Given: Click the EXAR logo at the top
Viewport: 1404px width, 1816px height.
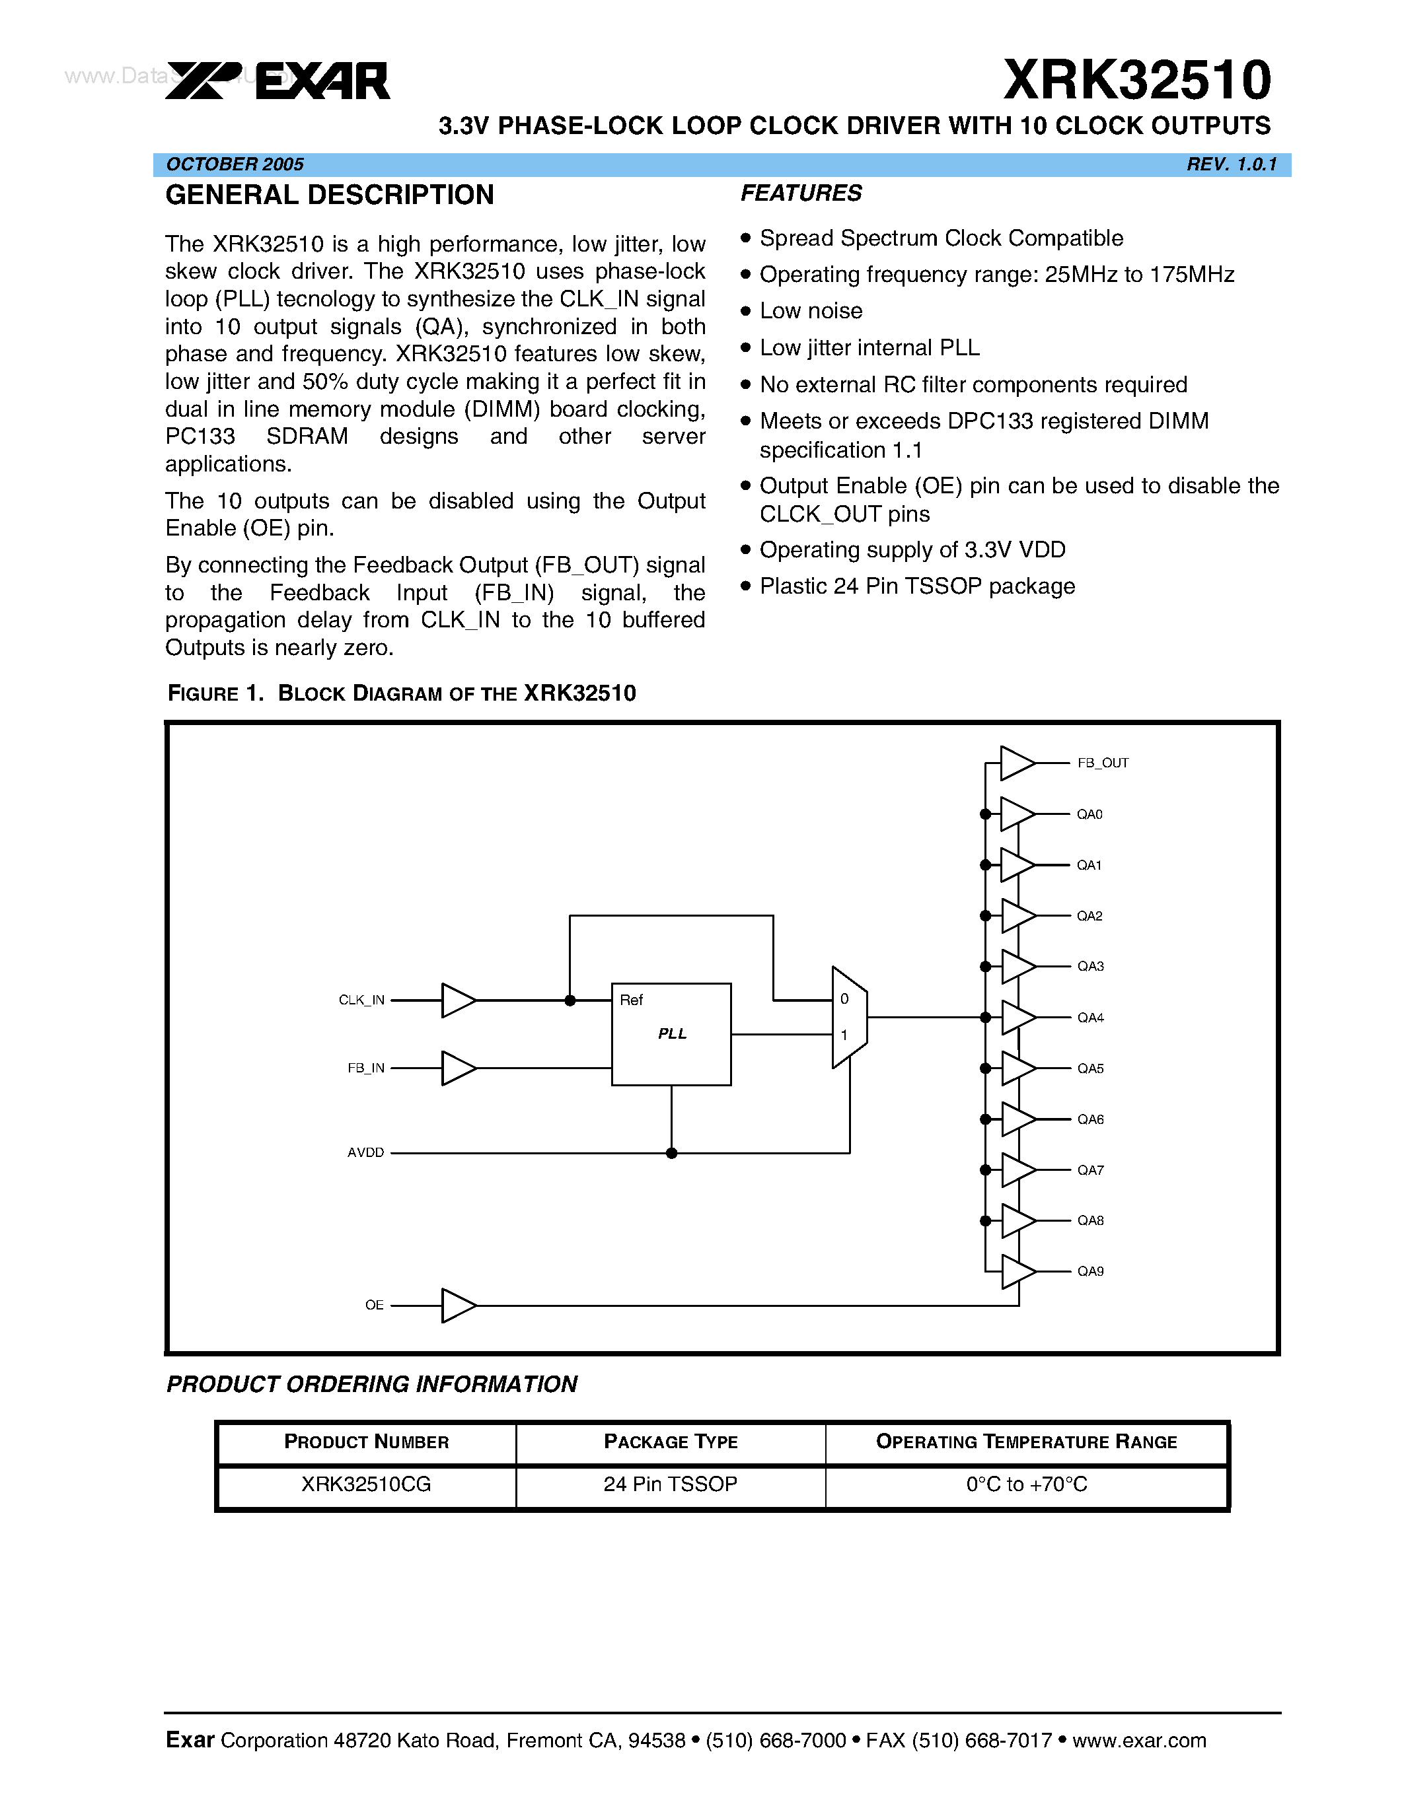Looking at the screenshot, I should pos(277,81).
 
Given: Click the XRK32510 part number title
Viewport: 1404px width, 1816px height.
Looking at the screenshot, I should pos(1137,81).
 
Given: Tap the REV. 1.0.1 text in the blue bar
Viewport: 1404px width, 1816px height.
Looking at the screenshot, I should pos(1231,164).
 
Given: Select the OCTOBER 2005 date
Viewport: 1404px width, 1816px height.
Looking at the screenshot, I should pos(235,164).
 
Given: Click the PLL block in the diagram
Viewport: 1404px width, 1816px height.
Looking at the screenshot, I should pos(671,1034).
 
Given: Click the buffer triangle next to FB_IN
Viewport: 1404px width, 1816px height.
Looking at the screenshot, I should pos(457,1068).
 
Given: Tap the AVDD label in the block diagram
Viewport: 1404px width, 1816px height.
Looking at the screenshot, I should pos(366,1152).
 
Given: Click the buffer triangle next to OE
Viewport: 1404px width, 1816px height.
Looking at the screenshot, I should pos(457,1306).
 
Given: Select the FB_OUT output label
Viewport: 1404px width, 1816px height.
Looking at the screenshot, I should pos(1103,763).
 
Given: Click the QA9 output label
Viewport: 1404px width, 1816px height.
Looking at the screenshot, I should pos(1090,1271).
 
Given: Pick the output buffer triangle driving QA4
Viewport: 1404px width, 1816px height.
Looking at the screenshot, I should pos(1017,1018).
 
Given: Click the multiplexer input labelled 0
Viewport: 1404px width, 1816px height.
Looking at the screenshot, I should pos(844,1000).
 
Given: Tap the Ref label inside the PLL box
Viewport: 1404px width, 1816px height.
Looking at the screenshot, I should pos(631,1000).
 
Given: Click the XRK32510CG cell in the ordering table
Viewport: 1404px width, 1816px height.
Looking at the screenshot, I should pos(366,1484).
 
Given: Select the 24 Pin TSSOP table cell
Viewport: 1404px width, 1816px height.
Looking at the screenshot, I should pos(671,1484).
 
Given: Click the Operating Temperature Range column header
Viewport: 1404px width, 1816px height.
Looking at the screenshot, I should pos(1026,1442).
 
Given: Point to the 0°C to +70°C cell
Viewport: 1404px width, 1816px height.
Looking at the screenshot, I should pos(1026,1484).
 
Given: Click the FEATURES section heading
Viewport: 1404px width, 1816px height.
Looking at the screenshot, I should pos(801,193).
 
